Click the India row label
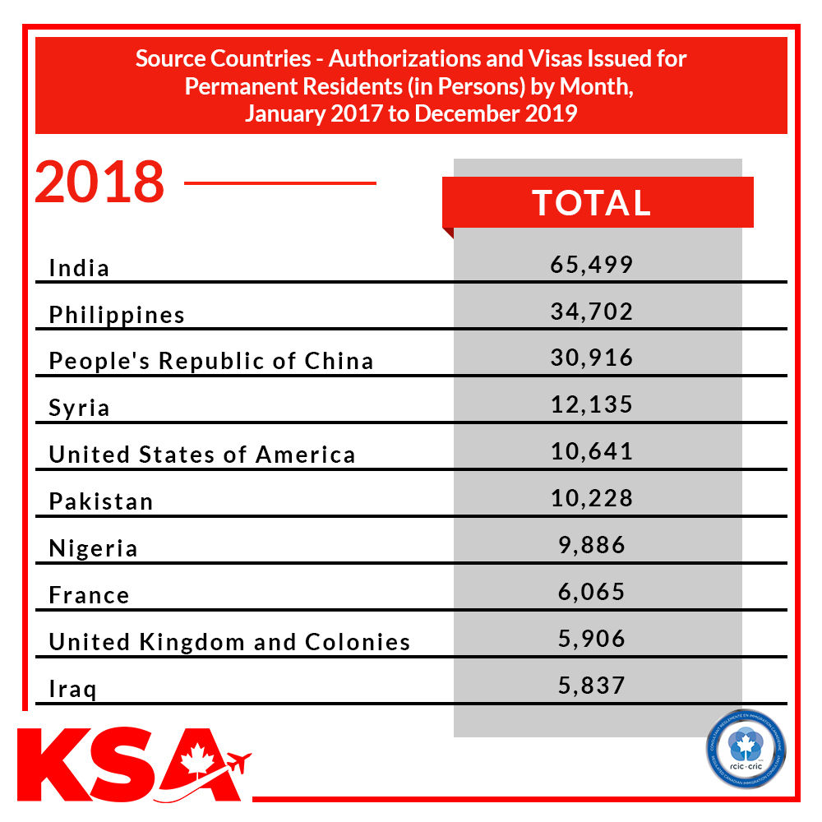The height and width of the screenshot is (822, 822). pyautogui.click(x=79, y=268)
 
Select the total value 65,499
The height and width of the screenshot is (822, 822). pyautogui.click(x=592, y=265)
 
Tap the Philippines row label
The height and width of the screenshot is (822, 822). pyautogui.click(x=117, y=315)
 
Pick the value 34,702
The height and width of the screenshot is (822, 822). pyautogui.click(x=592, y=312)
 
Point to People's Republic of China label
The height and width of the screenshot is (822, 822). pyautogui.click(x=211, y=362)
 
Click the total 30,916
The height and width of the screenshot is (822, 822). pyautogui.click(x=592, y=358)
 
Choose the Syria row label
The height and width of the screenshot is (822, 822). pyautogui.click(x=79, y=409)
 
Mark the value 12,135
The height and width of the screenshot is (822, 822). pyautogui.click(x=592, y=405)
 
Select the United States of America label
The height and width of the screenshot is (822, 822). pyautogui.click(x=202, y=455)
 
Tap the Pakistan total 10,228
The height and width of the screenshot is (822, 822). pyautogui.click(x=592, y=499)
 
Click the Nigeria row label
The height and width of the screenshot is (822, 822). pyautogui.click(x=93, y=549)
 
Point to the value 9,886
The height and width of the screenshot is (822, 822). pyautogui.click(x=592, y=545)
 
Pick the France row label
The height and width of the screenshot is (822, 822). pyautogui.click(x=89, y=596)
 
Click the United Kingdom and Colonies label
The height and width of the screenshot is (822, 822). pyautogui.click(x=229, y=643)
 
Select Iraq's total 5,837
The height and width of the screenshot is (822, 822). pyautogui.click(x=592, y=686)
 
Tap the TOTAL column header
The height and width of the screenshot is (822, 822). pyautogui.click(x=592, y=203)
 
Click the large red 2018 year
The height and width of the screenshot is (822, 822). pyautogui.click(x=99, y=182)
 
